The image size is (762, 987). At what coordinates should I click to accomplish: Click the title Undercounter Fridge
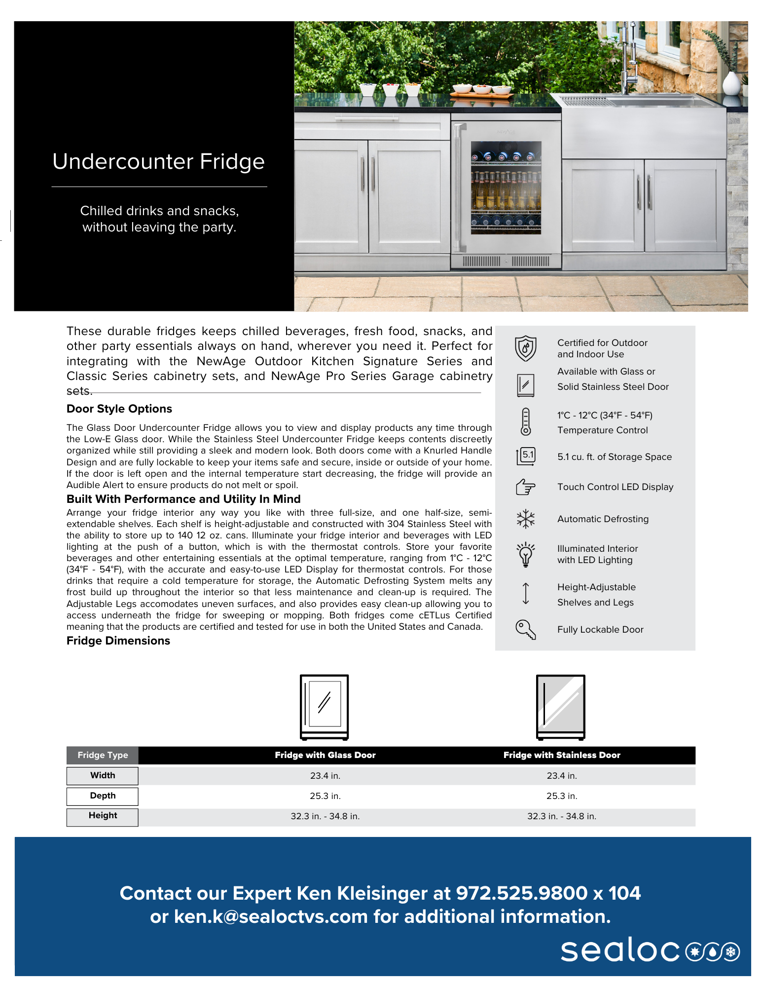point(158,162)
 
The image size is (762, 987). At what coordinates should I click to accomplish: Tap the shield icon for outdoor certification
point(526,348)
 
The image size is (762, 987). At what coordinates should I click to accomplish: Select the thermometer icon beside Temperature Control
point(526,422)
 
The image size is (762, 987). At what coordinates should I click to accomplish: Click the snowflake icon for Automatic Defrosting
point(526,519)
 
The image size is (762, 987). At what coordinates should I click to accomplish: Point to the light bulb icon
point(526,554)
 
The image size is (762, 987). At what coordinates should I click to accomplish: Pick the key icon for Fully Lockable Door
point(526,630)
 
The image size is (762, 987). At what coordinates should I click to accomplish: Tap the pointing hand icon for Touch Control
point(526,487)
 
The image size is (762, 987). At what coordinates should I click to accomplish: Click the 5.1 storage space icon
point(526,456)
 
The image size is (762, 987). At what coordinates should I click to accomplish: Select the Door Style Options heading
point(119,409)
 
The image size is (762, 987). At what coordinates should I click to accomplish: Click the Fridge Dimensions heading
point(118,641)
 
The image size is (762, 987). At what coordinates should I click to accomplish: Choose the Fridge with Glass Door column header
point(325,755)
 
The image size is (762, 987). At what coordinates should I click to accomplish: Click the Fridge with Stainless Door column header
point(562,755)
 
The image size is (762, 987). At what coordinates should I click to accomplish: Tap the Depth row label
point(103,796)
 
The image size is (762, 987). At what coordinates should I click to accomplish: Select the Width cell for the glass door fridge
point(325,776)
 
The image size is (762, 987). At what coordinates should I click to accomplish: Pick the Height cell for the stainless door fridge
point(562,816)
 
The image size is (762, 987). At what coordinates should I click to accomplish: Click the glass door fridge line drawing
point(325,707)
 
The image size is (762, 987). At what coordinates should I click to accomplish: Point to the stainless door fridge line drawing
point(561,707)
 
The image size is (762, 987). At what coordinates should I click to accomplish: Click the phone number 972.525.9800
point(522,893)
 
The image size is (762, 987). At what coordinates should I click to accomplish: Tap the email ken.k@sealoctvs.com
point(271,917)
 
